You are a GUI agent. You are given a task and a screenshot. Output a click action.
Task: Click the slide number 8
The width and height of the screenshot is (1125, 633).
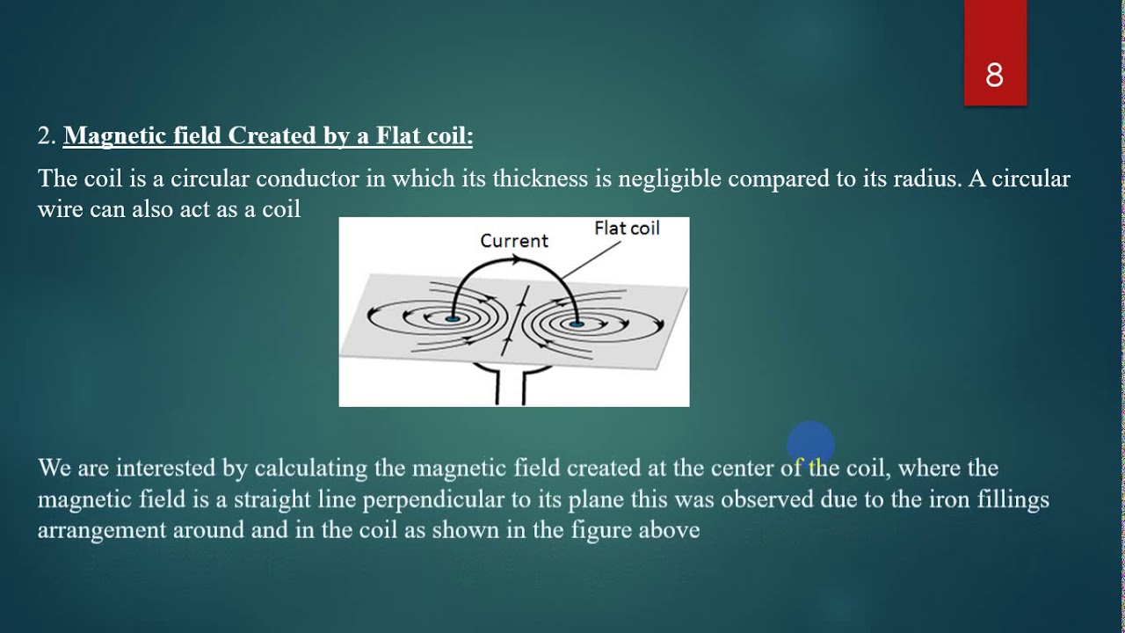994,76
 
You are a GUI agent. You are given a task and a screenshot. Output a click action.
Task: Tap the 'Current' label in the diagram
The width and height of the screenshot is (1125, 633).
514,241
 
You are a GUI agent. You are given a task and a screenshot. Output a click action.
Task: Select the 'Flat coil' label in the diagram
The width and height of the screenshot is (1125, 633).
627,229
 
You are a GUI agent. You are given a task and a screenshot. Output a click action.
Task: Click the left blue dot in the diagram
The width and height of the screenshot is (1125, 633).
452,319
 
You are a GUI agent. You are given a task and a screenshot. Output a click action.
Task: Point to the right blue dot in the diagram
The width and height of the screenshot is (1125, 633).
577,324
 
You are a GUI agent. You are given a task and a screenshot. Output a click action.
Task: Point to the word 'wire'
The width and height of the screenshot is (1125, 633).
60,209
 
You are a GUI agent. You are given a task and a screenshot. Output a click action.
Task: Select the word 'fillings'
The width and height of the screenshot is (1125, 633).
1010,500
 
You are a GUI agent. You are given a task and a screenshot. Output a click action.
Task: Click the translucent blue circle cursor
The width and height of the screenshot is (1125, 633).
809,444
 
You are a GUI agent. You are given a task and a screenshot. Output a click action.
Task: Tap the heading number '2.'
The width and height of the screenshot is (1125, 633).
47,136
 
